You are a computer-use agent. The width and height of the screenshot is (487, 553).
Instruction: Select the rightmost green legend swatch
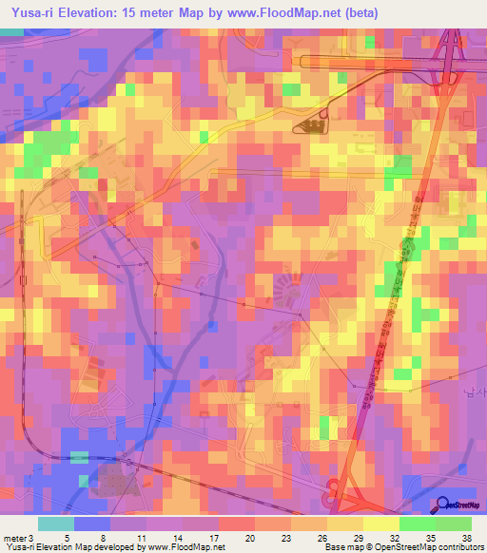tap(454, 524)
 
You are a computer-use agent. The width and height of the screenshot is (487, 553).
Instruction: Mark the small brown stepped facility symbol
tap(312, 124)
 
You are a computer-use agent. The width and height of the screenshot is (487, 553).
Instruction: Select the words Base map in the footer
tap(341, 548)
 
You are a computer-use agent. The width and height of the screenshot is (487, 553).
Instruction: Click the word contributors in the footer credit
tap(455, 548)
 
